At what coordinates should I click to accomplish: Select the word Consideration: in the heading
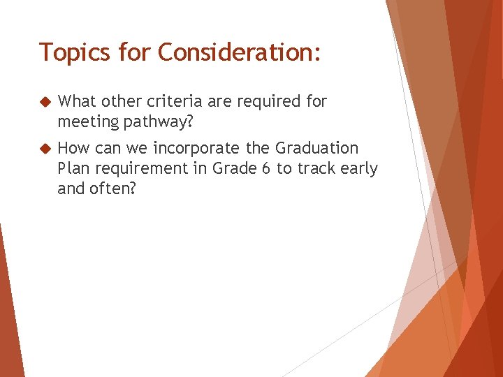point(240,52)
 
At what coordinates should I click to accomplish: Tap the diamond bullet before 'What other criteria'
point(45,102)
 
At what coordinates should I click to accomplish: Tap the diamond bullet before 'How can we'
point(45,149)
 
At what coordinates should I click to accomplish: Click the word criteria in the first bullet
point(180,102)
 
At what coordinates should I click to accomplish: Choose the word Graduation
point(316,149)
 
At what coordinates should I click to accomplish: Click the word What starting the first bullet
point(77,102)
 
